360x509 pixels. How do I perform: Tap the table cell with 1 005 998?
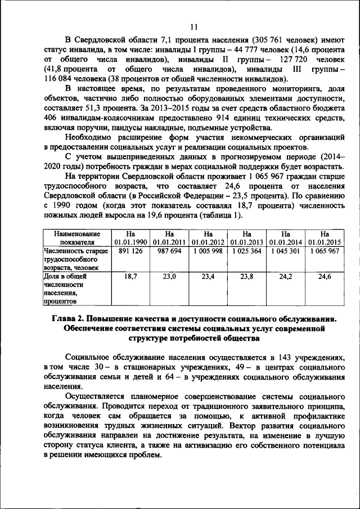[208, 251]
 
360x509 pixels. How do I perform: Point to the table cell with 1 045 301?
[285, 251]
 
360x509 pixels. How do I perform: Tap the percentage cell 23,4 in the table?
[208, 277]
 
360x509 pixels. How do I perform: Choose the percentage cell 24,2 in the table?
[285, 277]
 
